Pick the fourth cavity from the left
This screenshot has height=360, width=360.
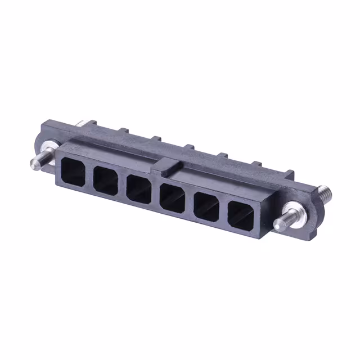click(x=172, y=199)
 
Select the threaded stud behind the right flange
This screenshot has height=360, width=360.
click(x=325, y=193)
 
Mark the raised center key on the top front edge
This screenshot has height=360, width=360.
click(x=168, y=164)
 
